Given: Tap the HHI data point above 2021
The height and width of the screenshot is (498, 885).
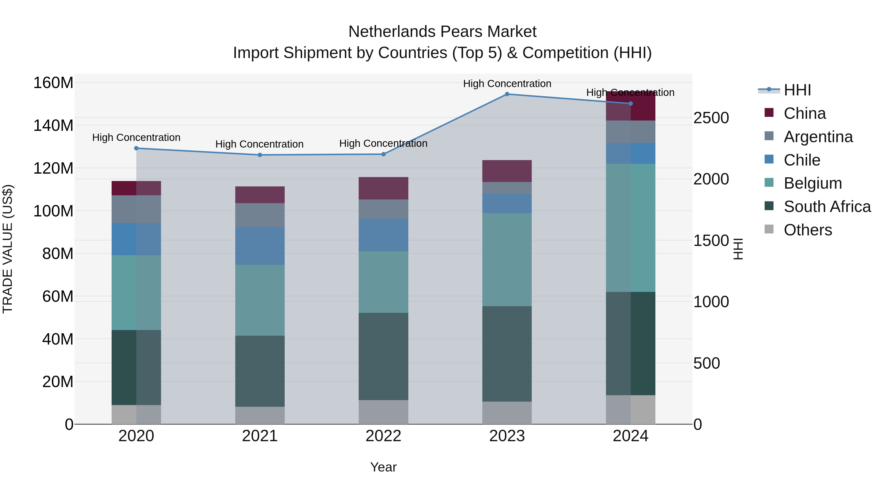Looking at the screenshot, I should point(260,155).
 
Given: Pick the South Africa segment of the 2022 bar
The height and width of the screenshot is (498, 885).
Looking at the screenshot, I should point(383,356).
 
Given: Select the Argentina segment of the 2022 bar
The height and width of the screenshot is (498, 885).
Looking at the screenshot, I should point(383,209).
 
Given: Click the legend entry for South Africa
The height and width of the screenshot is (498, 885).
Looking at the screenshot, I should point(827,207).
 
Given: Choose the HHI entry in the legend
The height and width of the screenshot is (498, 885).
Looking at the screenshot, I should point(797,90).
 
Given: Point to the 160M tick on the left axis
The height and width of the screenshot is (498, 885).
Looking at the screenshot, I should point(53,83).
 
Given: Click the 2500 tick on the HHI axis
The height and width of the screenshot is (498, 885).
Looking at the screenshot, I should point(710,118).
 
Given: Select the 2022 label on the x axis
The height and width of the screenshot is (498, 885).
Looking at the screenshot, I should point(383,436).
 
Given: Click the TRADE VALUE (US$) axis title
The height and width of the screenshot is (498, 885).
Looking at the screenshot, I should point(8,249).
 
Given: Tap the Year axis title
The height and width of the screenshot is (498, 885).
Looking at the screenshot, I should point(383,467).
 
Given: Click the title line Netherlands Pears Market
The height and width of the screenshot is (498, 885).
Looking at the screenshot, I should point(442,32).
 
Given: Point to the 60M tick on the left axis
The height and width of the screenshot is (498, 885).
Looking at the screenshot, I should point(58,296).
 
